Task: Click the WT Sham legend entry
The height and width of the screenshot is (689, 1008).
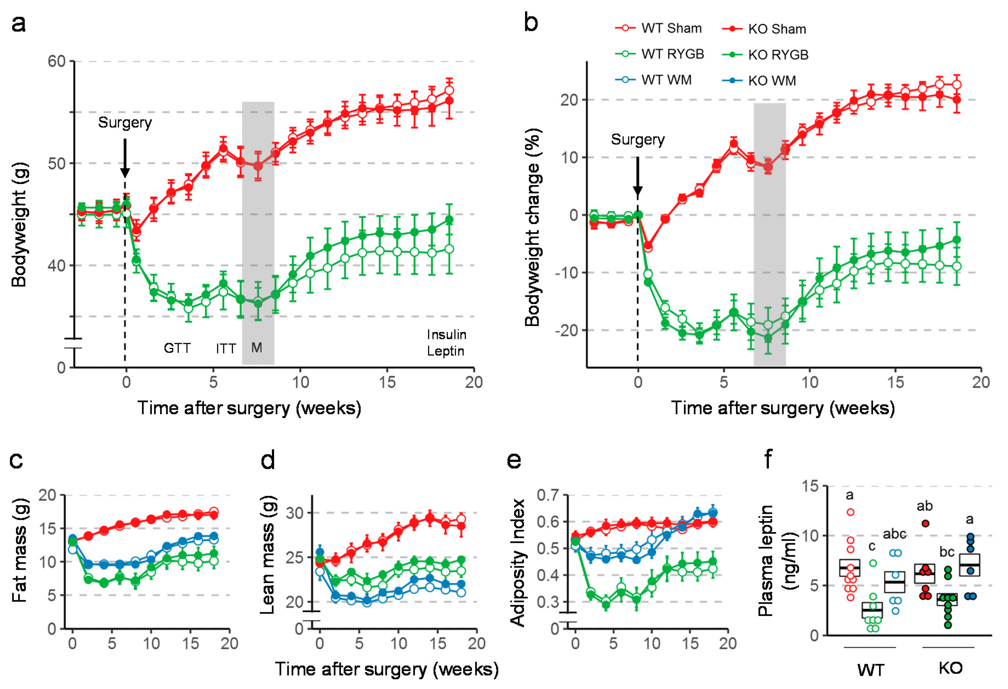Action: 658,29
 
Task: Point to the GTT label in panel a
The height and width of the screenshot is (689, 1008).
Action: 177,348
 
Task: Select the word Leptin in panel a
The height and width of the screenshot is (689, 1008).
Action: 446,351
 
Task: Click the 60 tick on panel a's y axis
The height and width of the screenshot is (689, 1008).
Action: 56,62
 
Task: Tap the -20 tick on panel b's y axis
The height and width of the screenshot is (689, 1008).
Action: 566,331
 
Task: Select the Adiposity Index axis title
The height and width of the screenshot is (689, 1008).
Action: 518,563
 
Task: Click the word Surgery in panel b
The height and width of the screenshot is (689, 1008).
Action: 638,140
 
